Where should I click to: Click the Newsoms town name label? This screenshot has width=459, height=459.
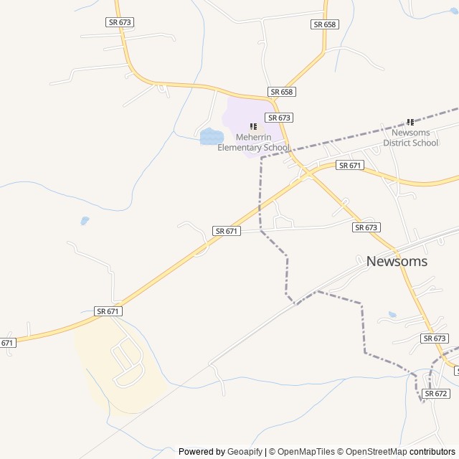[x=397, y=261]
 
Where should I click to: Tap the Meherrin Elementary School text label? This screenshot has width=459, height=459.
[x=254, y=143]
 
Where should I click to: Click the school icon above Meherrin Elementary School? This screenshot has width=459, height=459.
[x=253, y=126]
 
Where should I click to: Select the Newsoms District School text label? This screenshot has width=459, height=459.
[x=410, y=138]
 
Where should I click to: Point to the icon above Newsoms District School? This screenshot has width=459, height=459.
[x=410, y=122]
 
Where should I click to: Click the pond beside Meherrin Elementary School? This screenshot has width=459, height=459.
[x=211, y=136]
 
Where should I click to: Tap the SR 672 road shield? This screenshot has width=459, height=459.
[x=436, y=394]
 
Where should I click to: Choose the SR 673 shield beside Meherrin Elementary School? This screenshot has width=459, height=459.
[x=279, y=117]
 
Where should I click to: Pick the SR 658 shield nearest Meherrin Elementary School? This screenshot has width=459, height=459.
[x=282, y=92]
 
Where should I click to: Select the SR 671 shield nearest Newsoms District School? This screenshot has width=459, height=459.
[x=349, y=166]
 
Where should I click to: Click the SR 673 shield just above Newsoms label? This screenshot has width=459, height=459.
[x=366, y=227]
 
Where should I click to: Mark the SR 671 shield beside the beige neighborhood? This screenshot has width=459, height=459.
[x=109, y=311]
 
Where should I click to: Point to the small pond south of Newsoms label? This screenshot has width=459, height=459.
[x=392, y=314]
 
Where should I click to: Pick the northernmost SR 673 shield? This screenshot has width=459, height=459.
[x=119, y=22]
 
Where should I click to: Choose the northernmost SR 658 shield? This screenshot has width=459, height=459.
[x=324, y=24]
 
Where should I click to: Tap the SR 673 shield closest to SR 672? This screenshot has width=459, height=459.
[x=435, y=339]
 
